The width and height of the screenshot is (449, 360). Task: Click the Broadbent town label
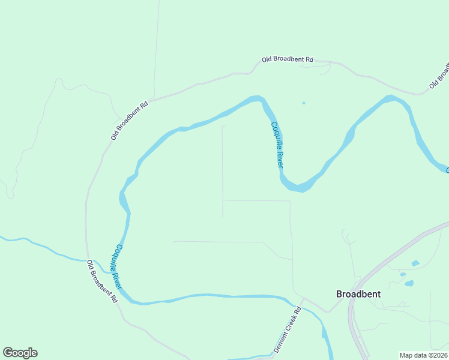point(358,294)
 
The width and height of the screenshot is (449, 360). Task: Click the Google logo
point(20,353)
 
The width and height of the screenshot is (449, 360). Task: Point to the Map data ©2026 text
point(423,355)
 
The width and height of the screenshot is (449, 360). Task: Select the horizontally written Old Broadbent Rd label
point(288,59)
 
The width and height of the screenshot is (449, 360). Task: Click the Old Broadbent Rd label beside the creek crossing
point(101,281)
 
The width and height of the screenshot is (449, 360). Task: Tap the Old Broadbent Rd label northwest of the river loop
point(129,121)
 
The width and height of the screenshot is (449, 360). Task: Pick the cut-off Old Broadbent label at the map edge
point(439,76)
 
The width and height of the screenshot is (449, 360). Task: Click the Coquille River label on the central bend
point(277,144)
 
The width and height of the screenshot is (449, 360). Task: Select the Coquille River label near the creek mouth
point(119,266)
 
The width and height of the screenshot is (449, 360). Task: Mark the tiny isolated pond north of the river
point(304,103)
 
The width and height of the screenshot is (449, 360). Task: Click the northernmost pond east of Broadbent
point(415,263)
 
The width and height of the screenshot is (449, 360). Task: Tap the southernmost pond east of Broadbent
point(409,283)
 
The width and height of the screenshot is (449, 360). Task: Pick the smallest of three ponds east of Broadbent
point(403,274)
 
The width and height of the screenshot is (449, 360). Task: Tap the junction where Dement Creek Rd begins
point(303,298)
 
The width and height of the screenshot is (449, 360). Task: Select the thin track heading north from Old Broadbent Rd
point(156,48)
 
